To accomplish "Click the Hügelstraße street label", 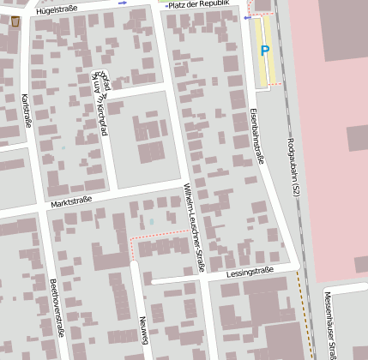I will tap(63, 9).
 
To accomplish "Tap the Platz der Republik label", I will tap(199, 5).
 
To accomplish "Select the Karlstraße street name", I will tap(26, 111).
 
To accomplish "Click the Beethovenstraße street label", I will tap(56, 306).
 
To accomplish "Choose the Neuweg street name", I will tap(144, 330).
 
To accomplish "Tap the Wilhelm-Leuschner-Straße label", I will tap(194, 228).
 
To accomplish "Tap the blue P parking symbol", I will tap(264, 51).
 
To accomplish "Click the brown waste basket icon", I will tap(15, 21).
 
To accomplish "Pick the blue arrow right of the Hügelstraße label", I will tap(122, 4).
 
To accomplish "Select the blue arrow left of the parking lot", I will tap(248, 18).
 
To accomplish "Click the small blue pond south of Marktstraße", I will tap(152, 222).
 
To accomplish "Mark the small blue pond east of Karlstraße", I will tap(63, 147).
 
